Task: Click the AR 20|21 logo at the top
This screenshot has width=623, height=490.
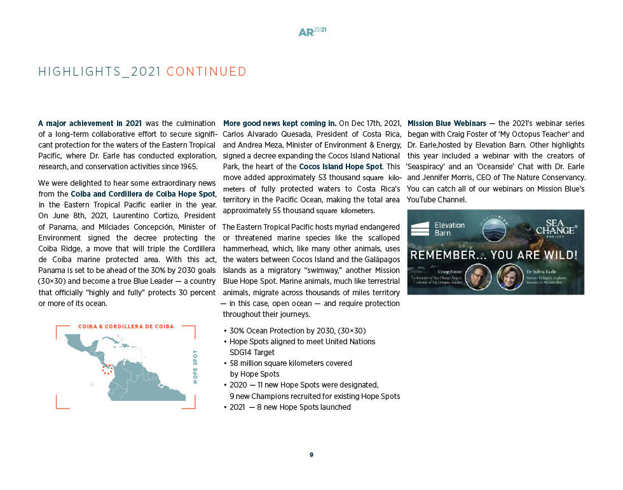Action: click(311, 32)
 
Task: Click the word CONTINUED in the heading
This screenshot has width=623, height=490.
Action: click(206, 72)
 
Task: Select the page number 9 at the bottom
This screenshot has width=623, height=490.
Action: click(311, 455)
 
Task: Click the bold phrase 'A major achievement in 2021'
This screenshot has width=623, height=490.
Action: click(90, 123)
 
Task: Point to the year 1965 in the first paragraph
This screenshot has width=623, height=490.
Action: click(188, 167)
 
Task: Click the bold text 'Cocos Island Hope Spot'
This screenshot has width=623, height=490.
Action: click(340, 167)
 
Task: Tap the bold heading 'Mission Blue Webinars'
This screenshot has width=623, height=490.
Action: click(446, 123)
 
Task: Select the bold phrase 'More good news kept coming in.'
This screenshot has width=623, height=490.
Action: click(280, 123)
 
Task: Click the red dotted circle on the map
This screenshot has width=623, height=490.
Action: click(107, 369)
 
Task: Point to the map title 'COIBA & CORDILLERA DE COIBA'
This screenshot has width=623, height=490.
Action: click(126, 326)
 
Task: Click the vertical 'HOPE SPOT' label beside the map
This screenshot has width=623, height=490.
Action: click(195, 367)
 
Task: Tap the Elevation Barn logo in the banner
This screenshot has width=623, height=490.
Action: click(438, 229)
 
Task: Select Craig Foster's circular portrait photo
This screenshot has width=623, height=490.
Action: click(478, 277)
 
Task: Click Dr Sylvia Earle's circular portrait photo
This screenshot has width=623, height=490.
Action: click(510, 277)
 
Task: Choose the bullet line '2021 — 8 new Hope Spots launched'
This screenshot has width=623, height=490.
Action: click(290, 407)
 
